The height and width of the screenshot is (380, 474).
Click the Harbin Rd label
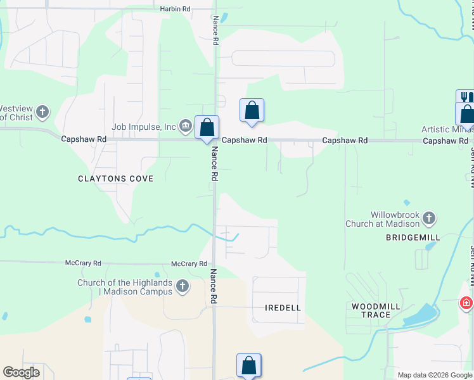[176, 9]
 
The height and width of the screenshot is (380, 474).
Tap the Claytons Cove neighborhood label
[116, 179]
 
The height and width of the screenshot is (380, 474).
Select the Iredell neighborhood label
[283, 307]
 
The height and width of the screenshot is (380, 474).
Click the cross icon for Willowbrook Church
[429, 219]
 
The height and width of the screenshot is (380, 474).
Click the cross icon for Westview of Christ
[42, 113]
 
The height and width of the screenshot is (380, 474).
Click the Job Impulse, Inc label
[144, 127]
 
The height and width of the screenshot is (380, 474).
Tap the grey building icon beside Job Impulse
[186, 125]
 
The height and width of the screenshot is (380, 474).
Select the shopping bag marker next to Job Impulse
[207, 127]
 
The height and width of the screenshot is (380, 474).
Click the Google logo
[22, 372]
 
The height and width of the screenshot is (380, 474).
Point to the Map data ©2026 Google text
[435, 375]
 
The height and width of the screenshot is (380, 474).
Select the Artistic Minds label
[447, 130]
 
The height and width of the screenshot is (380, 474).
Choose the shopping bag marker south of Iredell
[249, 365]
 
